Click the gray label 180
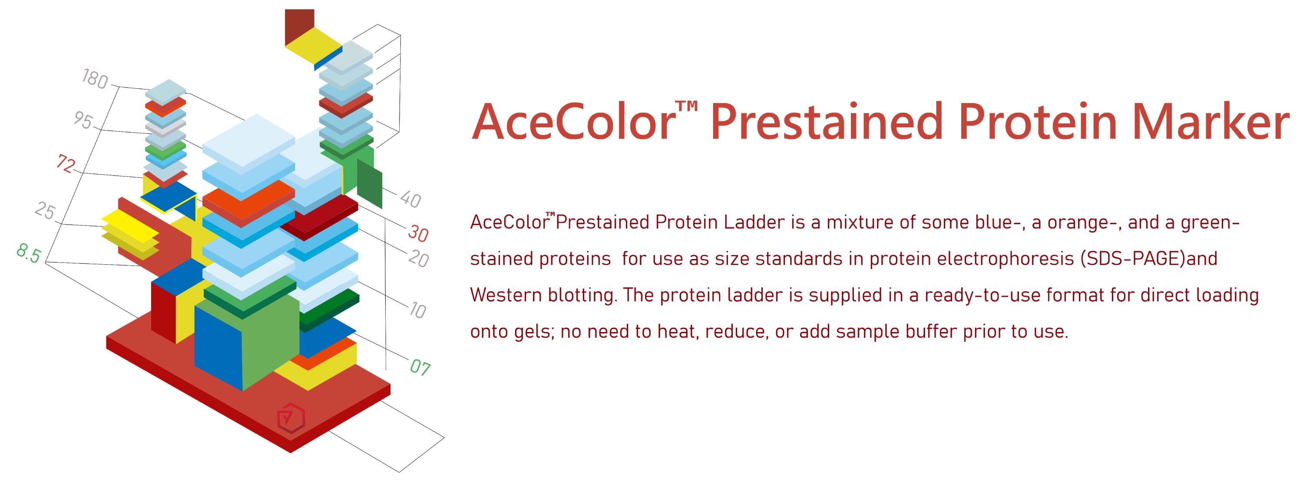coord(95,79)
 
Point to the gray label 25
coord(45,211)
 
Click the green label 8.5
coord(28,253)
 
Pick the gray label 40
coord(410,199)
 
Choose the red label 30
coord(418,233)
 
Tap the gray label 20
coord(418,259)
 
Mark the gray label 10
coord(417,310)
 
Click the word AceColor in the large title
coord(573,122)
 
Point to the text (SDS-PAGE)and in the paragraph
coord(1148,259)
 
